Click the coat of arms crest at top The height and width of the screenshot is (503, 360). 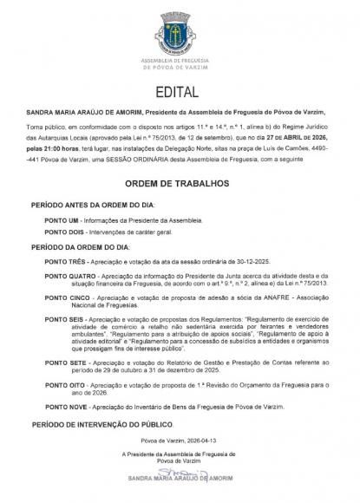click(180, 27)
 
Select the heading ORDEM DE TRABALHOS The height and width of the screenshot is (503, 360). click(180, 184)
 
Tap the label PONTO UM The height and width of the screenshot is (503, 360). click(63, 220)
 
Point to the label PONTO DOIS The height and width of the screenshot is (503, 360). click(65, 233)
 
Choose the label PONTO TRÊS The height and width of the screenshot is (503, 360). click(65, 259)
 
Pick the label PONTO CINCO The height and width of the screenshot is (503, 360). click(67, 296)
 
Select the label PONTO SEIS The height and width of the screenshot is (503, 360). click(65, 318)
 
